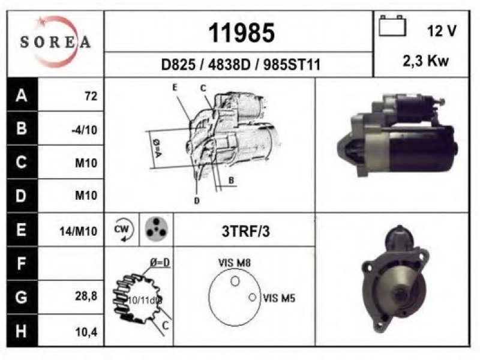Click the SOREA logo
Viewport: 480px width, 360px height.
pos(55,42)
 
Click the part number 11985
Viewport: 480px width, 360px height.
pos(242,33)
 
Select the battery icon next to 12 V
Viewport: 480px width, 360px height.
pos(392,26)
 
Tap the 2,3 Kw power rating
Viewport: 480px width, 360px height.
pos(426,61)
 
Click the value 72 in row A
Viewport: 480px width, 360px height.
pos(91,96)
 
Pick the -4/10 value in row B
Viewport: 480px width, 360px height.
pos(85,130)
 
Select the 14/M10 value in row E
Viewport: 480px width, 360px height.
pos(79,231)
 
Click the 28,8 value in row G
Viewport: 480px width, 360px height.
pos(86,296)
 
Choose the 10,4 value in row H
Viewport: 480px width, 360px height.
pos(86,332)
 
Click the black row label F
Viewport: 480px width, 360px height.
pos(22,263)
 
